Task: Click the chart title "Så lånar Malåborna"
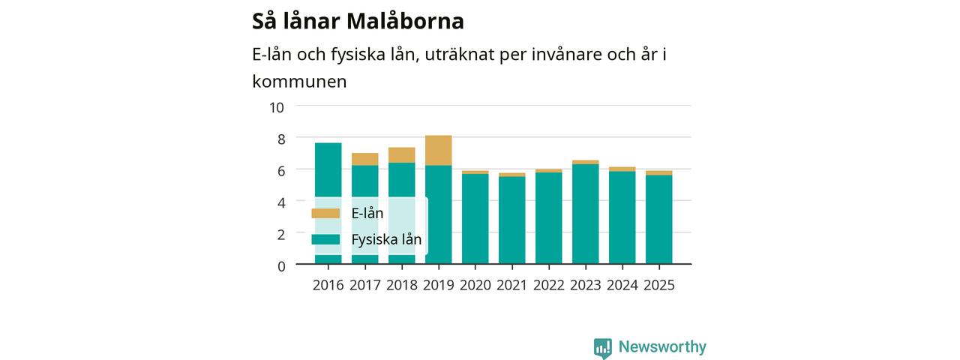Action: pos(358,21)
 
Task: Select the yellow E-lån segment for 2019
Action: pos(439,151)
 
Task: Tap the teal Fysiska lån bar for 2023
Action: pos(586,214)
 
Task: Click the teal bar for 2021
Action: pos(511,220)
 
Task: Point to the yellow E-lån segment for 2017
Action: pos(364,159)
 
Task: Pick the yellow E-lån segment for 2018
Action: pos(401,155)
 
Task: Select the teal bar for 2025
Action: pos(658,220)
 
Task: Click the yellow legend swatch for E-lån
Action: pos(325,213)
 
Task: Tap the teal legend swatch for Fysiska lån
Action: pos(325,239)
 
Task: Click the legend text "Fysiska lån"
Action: pos(386,239)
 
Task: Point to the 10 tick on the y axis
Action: pos(277,107)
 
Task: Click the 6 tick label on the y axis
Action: pos(281,171)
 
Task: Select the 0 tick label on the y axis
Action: pos(281,266)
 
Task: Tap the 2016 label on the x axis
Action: pos(328,285)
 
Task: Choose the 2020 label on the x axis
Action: pos(475,285)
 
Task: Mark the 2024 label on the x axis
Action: pos(622,285)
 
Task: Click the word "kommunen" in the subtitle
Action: pos(299,82)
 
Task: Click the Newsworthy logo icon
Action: pos(602,348)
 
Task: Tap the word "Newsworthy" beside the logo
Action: pos(662,346)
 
